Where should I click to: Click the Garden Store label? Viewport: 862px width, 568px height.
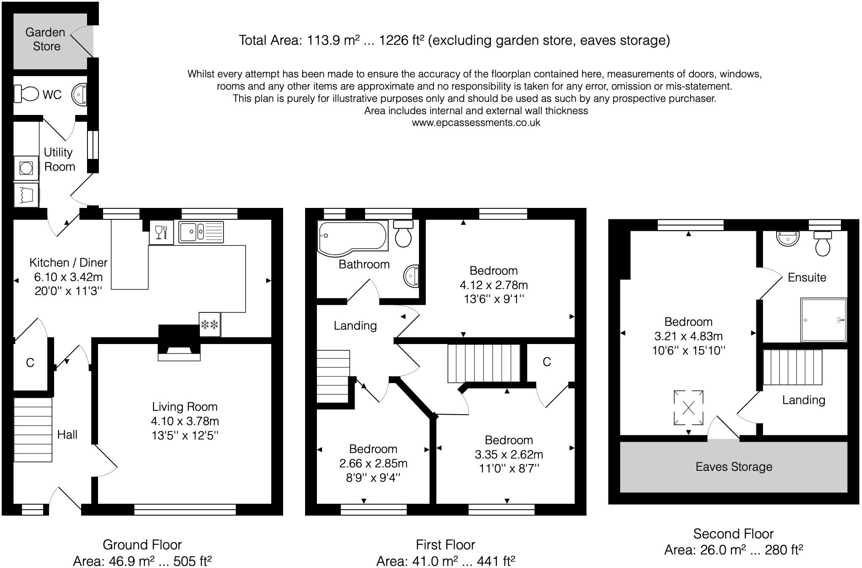pyautogui.click(x=45, y=39)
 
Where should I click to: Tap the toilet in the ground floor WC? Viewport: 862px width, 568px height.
pyautogui.click(x=26, y=93)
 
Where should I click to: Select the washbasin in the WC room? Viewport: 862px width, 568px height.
pyautogui.click(x=79, y=94)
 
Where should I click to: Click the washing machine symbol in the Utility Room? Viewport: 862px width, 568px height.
pyautogui.click(x=26, y=168)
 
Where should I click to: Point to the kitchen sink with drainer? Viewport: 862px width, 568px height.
pyautogui.click(x=201, y=232)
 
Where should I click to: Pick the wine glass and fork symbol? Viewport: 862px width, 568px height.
pyautogui.click(x=161, y=232)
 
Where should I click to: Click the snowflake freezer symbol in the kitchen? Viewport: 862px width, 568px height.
pyautogui.click(x=210, y=325)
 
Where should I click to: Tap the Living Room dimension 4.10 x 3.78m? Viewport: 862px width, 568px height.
pyautogui.click(x=185, y=421)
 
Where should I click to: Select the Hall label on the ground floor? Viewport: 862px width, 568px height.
pyautogui.click(x=67, y=434)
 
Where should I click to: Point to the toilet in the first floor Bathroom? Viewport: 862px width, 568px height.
pyautogui.click(x=403, y=233)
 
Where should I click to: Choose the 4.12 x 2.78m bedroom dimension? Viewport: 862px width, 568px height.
pyautogui.click(x=494, y=285)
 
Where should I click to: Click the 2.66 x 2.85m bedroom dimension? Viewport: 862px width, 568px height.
pyautogui.click(x=373, y=463)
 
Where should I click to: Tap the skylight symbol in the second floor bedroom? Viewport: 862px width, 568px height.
pyautogui.click(x=689, y=408)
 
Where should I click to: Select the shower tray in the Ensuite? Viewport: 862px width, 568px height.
pyautogui.click(x=824, y=320)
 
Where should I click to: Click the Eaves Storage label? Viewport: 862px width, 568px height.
pyautogui.click(x=734, y=467)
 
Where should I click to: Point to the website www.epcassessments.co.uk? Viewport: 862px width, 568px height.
pyautogui.click(x=476, y=123)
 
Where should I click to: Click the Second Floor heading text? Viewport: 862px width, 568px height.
pyautogui.click(x=733, y=534)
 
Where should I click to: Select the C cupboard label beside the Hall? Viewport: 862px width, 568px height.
pyautogui.click(x=30, y=363)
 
